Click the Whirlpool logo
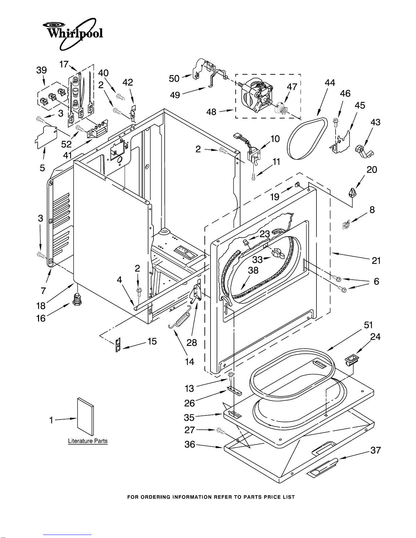point(73,34)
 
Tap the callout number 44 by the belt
point(330,83)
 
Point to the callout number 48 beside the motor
point(211,112)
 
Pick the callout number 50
point(174,78)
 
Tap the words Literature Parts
point(88,441)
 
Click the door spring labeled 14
point(180,317)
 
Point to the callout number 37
point(375,450)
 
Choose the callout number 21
point(376,260)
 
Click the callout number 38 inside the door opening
point(253,270)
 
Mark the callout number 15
point(152,341)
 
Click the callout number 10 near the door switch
point(275,138)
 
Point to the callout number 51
point(368,325)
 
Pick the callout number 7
point(43,291)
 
